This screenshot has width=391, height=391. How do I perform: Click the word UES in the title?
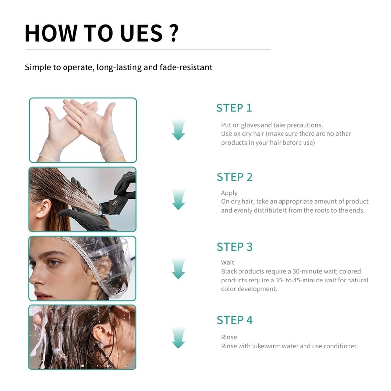pos(141,33)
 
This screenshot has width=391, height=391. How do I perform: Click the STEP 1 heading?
pos(234,108)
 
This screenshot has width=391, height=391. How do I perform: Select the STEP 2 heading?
pos(235,177)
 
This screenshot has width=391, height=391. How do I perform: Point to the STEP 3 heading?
pos(235,247)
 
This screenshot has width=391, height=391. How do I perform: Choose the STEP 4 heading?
pos(235,320)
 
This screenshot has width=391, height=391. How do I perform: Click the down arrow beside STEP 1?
pos(178,130)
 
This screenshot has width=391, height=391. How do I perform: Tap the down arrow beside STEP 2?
pos(178,199)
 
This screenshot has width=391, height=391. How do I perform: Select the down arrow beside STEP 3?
pos(178,268)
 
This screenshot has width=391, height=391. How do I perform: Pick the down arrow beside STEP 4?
pos(178,338)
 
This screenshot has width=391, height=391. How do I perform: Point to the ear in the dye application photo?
pos(43,209)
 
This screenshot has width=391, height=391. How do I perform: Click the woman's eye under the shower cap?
pos(53,262)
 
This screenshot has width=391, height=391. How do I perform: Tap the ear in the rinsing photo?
pos(103,334)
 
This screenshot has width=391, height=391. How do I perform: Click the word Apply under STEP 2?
pos(229,193)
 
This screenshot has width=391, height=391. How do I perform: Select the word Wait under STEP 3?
pos(228,262)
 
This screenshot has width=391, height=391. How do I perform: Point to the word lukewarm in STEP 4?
pos(266,346)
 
